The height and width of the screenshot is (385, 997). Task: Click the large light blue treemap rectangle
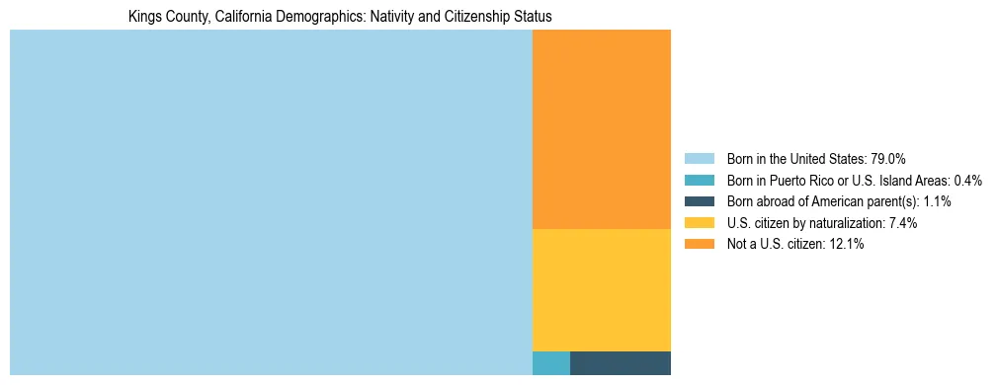pyautogui.click(x=271, y=202)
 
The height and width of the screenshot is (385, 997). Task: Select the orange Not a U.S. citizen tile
pyautogui.click(x=601, y=129)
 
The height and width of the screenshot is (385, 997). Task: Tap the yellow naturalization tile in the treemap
pyautogui.click(x=601, y=289)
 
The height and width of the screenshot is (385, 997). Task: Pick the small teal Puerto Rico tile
pyautogui.click(x=551, y=362)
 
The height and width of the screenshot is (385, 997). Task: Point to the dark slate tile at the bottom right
pyautogui.click(x=620, y=362)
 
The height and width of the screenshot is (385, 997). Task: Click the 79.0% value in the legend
pyautogui.click(x=887, y=158)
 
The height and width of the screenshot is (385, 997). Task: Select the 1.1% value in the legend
pyautogui.click(x=936, y=201)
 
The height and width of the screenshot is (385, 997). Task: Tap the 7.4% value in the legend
pyautogui.click(x=901, y=223)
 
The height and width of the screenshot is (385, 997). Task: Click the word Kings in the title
pyautogui.click(x=144, y=17)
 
